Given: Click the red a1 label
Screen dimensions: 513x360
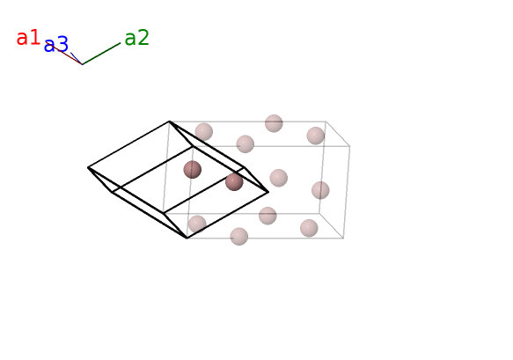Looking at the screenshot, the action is point(28,37).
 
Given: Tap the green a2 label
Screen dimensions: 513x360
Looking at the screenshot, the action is point(136,37).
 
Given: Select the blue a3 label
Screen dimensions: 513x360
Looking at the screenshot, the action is point(56,45).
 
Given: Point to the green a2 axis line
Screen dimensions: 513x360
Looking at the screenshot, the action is point(101,54).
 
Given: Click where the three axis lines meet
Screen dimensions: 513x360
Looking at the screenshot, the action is point(82,64).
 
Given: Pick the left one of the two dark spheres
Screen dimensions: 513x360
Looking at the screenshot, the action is point(193,170).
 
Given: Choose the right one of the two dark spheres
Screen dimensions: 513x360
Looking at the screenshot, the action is point(234,181).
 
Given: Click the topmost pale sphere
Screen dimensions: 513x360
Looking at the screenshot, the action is point(274,123).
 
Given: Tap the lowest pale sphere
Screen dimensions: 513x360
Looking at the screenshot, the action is point(239,236).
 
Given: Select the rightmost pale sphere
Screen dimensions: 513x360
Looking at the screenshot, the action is point(320,190).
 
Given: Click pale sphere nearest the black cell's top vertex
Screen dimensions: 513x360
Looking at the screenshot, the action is point(204,132).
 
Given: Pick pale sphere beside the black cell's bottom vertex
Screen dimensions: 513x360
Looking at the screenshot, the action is point(197,224).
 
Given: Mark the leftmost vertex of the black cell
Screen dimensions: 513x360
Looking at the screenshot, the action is point(88,167).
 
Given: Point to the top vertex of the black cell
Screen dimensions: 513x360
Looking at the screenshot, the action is point(170,121).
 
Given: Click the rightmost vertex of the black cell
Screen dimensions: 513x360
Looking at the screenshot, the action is point(268,192).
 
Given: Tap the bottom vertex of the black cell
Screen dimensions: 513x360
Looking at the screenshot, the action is point(187,238).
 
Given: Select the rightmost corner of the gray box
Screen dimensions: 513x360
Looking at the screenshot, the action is point(349,146).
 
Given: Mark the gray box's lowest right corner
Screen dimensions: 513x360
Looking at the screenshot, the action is point(343,238).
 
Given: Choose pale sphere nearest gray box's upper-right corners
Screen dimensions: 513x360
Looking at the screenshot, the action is point(316,136).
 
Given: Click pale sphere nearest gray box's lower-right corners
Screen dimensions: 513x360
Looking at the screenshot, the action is point(309,228).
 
